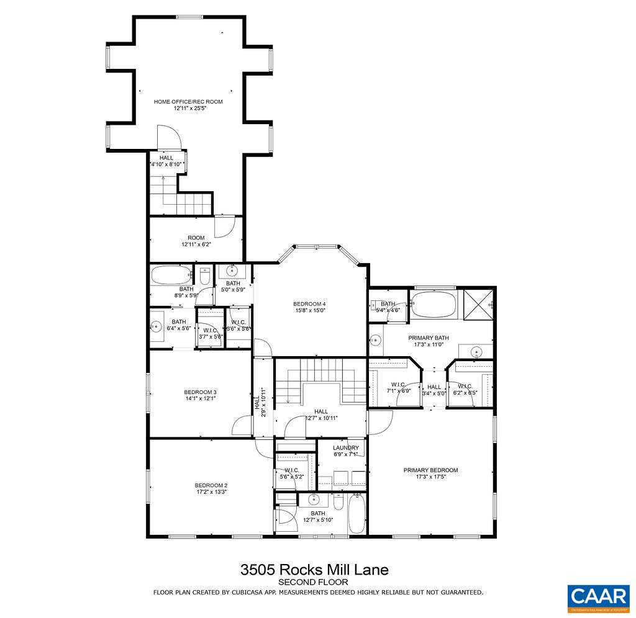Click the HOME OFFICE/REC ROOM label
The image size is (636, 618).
(188, 101)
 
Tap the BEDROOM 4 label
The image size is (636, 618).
(309, 303)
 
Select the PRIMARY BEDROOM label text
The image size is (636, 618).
(430, 470)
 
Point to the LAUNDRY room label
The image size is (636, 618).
(345, 447)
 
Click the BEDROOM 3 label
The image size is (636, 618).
(200, 392)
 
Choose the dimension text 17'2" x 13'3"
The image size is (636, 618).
(211, 493)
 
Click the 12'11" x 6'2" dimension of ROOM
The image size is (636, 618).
(196, 244)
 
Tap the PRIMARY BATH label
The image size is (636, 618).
(428, 338)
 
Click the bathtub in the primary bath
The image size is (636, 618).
(433, 305)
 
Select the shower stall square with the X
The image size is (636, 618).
(478, 305)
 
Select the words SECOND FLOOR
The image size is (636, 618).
(313, 582)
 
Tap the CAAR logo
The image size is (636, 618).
(598, 596)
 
